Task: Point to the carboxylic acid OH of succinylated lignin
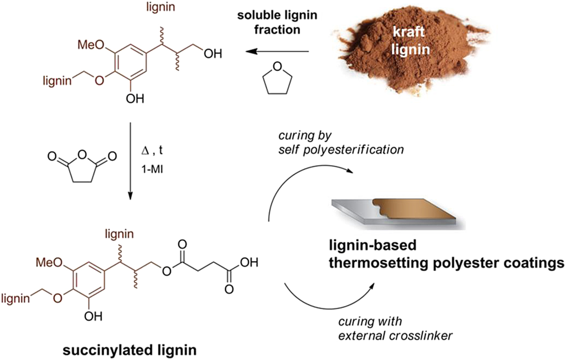(249, 262)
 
